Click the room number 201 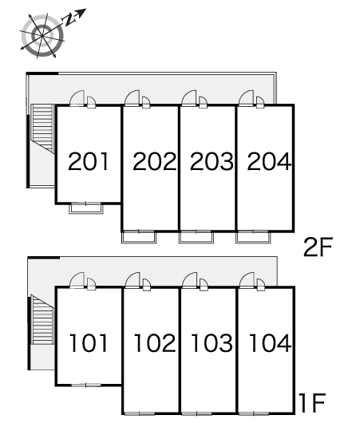click(x=89, y=161)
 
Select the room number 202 click(x=154, y=161)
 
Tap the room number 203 click(x=212, y=161)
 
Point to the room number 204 click(x=269, y=161)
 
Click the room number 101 click(x=89, y=342)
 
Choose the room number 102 click(x=155, y=342)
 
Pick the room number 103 click(x=212, y=342)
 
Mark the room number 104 click(x=270, y=342)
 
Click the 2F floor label click(x=318, y=247)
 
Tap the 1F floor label click(x=312, y=403)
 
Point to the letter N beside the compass click(x=69, y=19)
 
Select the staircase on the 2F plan click(x=42, y=128)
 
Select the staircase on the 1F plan click(x=42, y=319)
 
